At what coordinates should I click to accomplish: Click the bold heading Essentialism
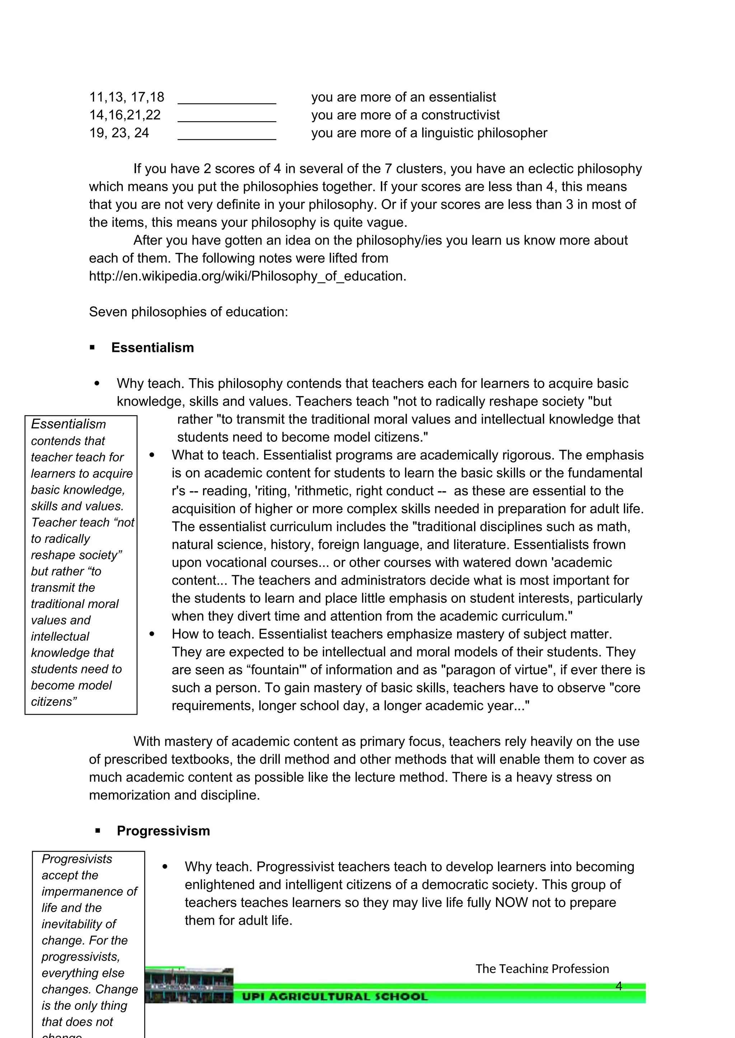point(153,348)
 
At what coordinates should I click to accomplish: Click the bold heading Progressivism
point(163,831)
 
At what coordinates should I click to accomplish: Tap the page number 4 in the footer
point(619,986)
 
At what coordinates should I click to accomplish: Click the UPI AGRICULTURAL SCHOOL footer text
point(334,996)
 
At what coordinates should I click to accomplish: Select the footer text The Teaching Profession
point(542,969)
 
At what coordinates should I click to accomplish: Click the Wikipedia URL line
point(247,276)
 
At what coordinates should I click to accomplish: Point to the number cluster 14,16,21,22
point(125,115)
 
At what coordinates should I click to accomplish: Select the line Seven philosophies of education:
point(188,312)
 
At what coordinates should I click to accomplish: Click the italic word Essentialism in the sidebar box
point(68,424)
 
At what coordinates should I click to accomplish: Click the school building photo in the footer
point(189,986)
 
